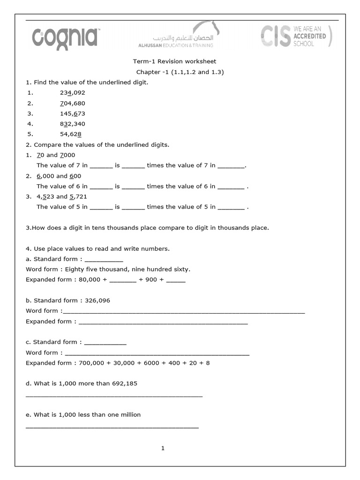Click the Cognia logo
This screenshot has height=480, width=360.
(x=65, y=37)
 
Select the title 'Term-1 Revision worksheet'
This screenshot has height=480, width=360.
(x=174, y=61)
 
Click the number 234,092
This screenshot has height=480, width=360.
(x=72, y=93)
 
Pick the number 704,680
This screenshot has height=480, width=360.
(x=72, y=103)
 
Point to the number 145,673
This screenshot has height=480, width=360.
(x=72, y=113)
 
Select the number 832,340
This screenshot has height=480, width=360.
(x=72, y=124)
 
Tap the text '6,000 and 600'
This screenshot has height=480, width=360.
(x=59, y=176)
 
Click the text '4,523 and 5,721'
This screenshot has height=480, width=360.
(x=62, y=196)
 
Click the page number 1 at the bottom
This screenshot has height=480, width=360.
(x=163, y=448)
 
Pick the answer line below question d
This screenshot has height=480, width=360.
(x=114, y=397)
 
